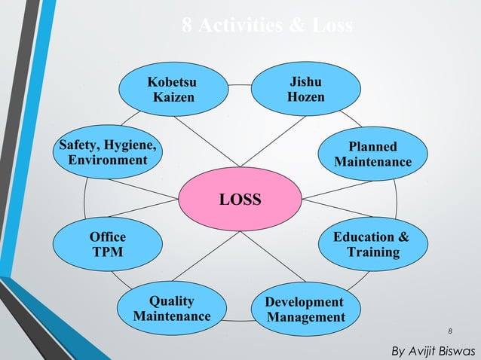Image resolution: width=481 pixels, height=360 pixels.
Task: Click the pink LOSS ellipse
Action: tap(240, 200)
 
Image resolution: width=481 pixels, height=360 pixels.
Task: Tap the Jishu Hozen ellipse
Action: tap(306, 89)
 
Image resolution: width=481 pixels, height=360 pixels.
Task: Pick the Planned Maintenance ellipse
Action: tap(373, 154)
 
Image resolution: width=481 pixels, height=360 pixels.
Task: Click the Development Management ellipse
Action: tap(305, 309)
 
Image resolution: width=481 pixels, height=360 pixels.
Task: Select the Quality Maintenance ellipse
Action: tap(172, 309)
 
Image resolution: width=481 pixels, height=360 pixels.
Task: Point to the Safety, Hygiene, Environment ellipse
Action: tap(108, 153)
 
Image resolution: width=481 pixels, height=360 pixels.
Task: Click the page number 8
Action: tap(450, 331)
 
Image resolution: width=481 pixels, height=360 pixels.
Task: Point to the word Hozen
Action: tap(306, 97)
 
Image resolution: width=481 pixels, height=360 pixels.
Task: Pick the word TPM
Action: tap(108, 252)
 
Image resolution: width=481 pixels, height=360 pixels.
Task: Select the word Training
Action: tap(373, 252)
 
